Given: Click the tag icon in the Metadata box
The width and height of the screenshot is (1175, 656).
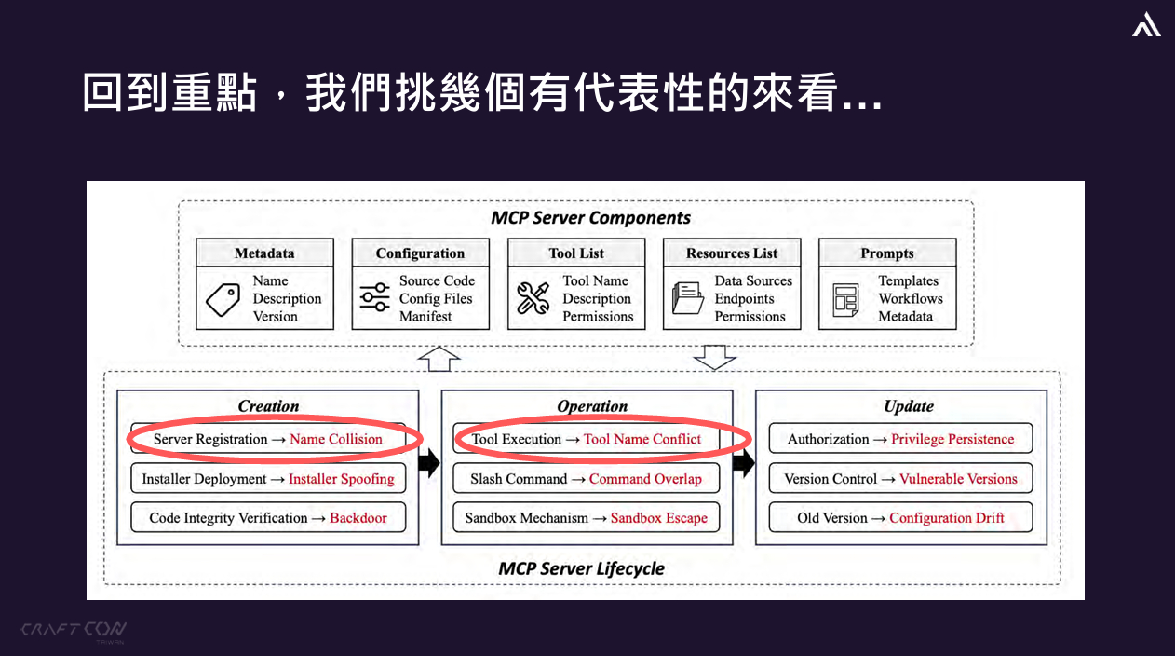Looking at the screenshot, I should click(x=223, y=300).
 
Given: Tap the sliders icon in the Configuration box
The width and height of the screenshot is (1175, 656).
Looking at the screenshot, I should click(x=374, y=298).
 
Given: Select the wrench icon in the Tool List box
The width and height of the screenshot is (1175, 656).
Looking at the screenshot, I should click(x=533, y=298).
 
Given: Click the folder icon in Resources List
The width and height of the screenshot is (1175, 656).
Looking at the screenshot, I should click(x=688, y=298).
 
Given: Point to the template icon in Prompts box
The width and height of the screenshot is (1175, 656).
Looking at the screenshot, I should click(x=845, y=299).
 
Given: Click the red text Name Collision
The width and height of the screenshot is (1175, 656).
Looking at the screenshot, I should click(x=336, y=439).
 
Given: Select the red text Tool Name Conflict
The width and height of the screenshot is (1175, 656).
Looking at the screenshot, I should click(x=642, y=439).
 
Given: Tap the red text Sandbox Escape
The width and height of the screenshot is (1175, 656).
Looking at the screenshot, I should click(x=659, y=518).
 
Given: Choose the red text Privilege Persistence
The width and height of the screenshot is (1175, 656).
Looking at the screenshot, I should click(x=952, y=439).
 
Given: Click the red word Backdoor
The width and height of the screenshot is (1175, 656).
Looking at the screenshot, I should click(x=358, y=518).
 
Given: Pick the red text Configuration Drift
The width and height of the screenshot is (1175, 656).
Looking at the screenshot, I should click(x=947, y=518).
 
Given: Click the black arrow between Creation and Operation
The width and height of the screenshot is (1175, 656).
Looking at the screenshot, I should click(x=428, y=463).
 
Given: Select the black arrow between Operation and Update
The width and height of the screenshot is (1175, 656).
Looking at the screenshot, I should click(x=743, y=463).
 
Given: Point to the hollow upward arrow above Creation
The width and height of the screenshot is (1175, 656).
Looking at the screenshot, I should click(x=440, y=359).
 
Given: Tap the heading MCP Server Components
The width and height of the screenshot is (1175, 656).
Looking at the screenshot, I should click(x=590, y=218).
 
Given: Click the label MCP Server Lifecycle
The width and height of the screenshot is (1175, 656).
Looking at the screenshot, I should click(x=581, y=568).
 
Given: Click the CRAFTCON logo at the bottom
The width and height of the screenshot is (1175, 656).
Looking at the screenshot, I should click(x=74, y=630).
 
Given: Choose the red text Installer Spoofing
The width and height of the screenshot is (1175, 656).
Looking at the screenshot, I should click(x=342, y=479).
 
